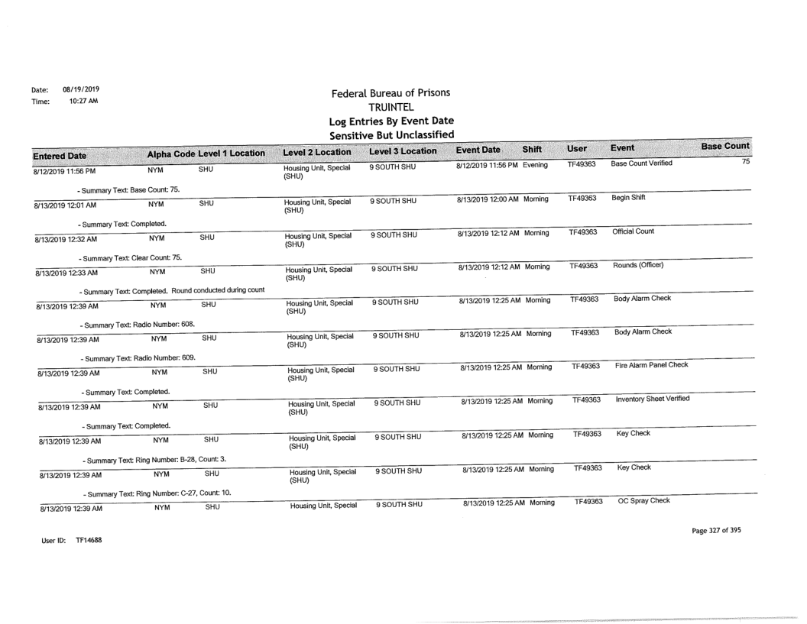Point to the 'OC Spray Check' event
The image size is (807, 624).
(640, 500)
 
